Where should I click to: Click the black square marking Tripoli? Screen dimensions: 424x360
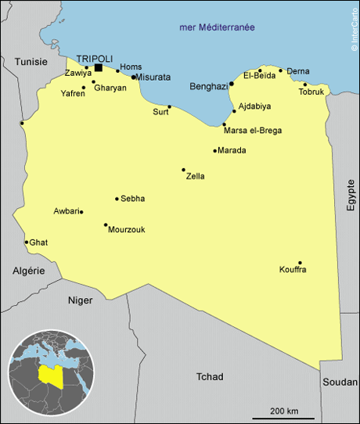tap(98, 67)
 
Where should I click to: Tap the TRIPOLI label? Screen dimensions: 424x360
tap(95, 57)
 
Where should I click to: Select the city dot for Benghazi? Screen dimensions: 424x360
tap(232, 84)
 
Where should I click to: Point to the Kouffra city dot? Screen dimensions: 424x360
tap(300, 263)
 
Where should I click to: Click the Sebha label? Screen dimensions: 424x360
tap(133, 199)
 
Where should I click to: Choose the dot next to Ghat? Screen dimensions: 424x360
tap(27, 242)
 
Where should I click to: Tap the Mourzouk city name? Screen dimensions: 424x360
tap(127, 229)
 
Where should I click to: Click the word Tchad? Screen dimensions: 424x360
tap(210, 376)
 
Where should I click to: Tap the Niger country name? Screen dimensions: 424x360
tap(80, 300)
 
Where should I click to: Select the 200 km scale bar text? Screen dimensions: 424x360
tap(284, 411)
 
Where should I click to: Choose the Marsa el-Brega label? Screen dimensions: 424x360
tap(253, 130)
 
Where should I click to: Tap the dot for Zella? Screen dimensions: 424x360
tap(184, 170)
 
